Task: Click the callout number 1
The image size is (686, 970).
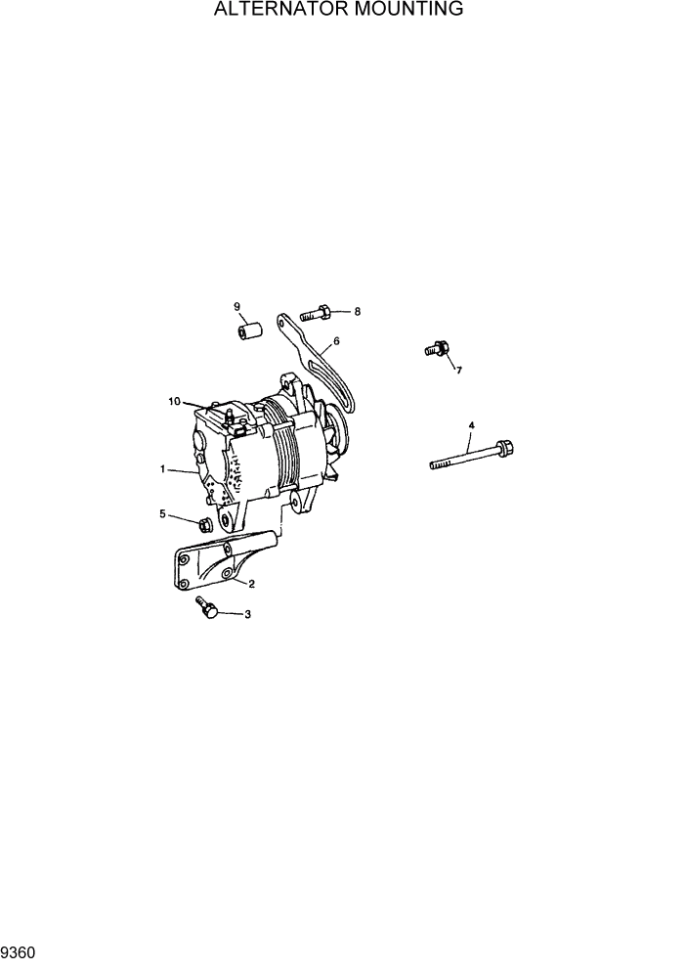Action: pyautogui.click(x=162, y=469)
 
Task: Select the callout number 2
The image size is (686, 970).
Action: pyautogui.click(x=251, y=584)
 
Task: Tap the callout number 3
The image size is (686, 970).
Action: pyautogui.click(x=247, y=615)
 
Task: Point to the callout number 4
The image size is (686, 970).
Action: pyautogui.click(x=472, y=425)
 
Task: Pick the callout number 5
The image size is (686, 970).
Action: pyautogui.click(x=162, y=513)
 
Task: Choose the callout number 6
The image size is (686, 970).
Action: pyautogui.click(x=336, y=342)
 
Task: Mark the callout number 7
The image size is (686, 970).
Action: pyautogui.click(x=458, y=370)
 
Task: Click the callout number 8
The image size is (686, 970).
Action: pyautogui.click(x=357, y=312)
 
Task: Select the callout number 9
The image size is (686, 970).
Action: pyautogui.click(x=236, y=307)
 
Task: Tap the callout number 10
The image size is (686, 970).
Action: pyautogui.click(x=174, y=401)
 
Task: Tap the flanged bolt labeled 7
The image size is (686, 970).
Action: pyautogui.click(x=436, y=348)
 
